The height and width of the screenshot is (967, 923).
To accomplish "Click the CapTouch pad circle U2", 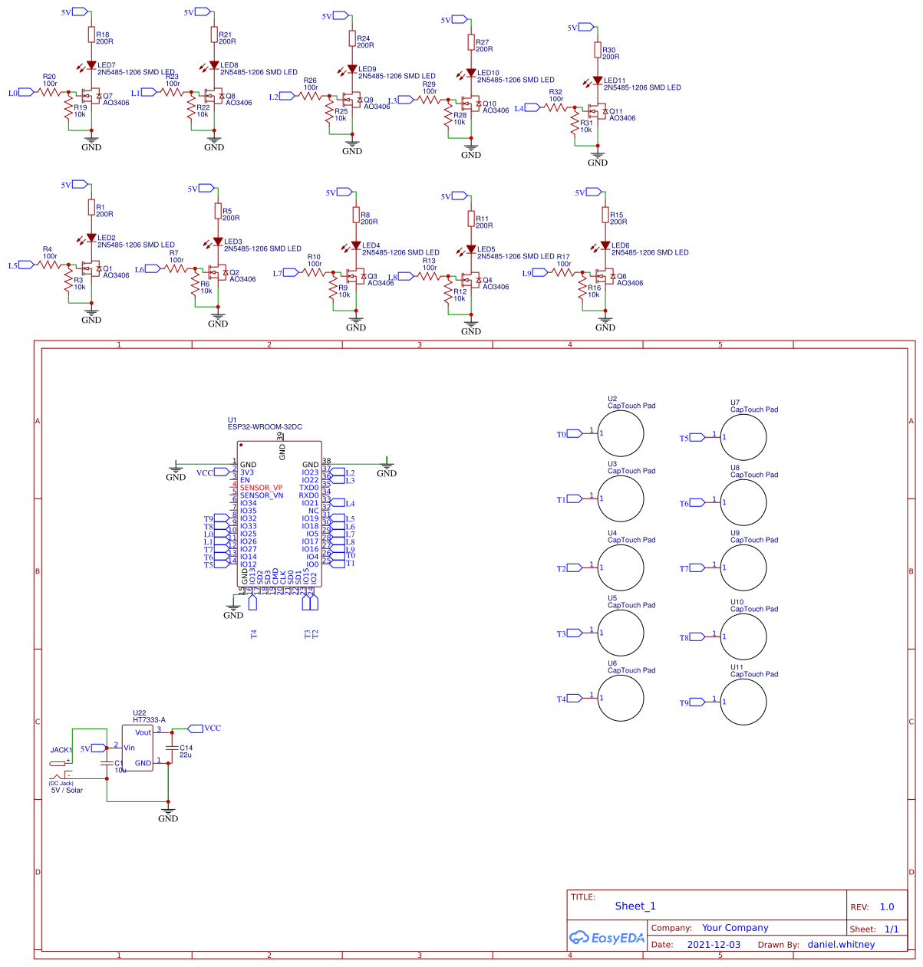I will click(x=621, y=434).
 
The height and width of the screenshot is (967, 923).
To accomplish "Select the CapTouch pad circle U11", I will click(x=743, y=702).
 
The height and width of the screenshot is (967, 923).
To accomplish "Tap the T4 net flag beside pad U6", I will click(x=573, y=699).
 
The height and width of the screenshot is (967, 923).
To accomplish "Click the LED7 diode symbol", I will click(x=91, y=66).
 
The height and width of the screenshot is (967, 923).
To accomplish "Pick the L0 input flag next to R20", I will click(x=25, y=93).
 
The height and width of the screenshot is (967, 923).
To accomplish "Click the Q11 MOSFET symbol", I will click(x=598, y=112).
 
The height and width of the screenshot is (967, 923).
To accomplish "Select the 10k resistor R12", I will click(x=448, y=295).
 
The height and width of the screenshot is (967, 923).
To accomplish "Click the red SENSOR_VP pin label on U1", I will click(x=261, y=488).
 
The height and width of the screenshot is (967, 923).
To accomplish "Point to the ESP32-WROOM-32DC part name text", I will click(x=265, y=426).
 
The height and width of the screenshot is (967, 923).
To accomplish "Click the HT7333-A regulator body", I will click(x=137, y=748).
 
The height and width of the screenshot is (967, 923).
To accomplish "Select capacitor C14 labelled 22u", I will click(x=170, y=747).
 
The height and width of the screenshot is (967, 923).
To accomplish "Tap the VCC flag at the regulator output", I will click(x=195, y=728).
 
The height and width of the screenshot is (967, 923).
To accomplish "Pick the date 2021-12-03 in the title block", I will click(x=714, y=945).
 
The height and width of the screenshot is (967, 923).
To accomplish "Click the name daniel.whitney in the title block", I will click(x=841, y=945).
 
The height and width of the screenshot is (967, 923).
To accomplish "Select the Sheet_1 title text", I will click(x=635, y=906).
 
